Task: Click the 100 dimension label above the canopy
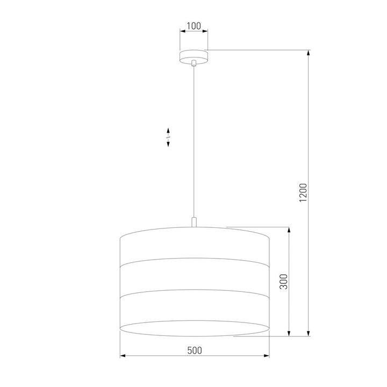(x=193, y=25)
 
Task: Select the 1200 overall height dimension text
(x=303, y=193)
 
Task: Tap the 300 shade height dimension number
(x=284, y=282)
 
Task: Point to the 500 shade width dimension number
(x=194, y=350)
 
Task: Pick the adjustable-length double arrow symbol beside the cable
(x=168, y=138)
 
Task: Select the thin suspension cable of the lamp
(x=194, y=140)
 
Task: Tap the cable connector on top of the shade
(x=194, y=222)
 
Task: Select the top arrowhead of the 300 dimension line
(x=290, y=230)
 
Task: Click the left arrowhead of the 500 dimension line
(x=121, y=356)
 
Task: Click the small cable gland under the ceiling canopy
(x=194, y=63)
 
